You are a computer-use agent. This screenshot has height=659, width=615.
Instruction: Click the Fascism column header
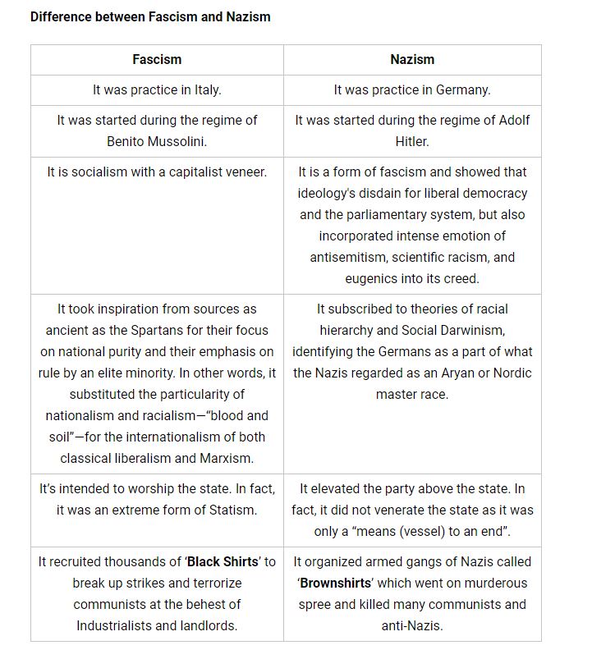pos(157,59)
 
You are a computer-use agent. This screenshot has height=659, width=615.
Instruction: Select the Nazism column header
pos(412,59)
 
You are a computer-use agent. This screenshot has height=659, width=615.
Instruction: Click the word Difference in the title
pos(62,16)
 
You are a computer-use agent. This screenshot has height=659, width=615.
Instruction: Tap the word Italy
pos(204,89)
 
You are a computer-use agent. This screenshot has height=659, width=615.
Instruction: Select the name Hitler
pos(412,141)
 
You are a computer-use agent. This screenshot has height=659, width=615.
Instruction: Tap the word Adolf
pos(514,120)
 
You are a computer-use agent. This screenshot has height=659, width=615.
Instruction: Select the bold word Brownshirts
pos(334,583)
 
